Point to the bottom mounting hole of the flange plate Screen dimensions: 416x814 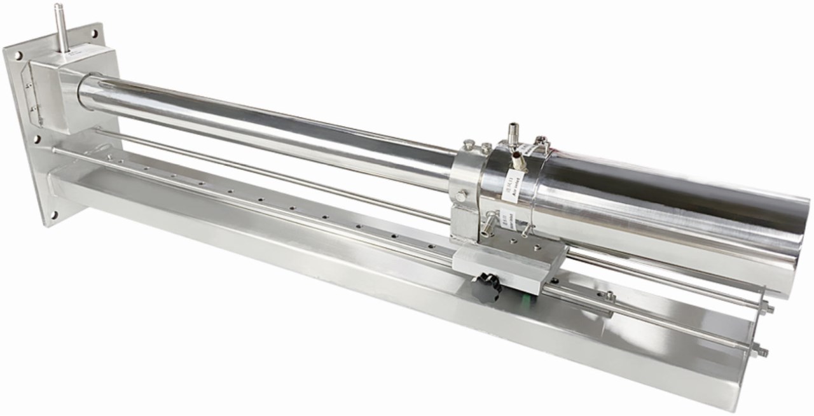point(53,214)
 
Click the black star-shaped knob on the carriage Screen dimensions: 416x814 point(488,281)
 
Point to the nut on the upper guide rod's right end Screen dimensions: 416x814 point(769,309)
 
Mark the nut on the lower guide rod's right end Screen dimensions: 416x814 point(760,350)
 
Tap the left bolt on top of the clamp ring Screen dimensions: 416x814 point(469,145)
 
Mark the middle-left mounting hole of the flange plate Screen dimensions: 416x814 point(36,138)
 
